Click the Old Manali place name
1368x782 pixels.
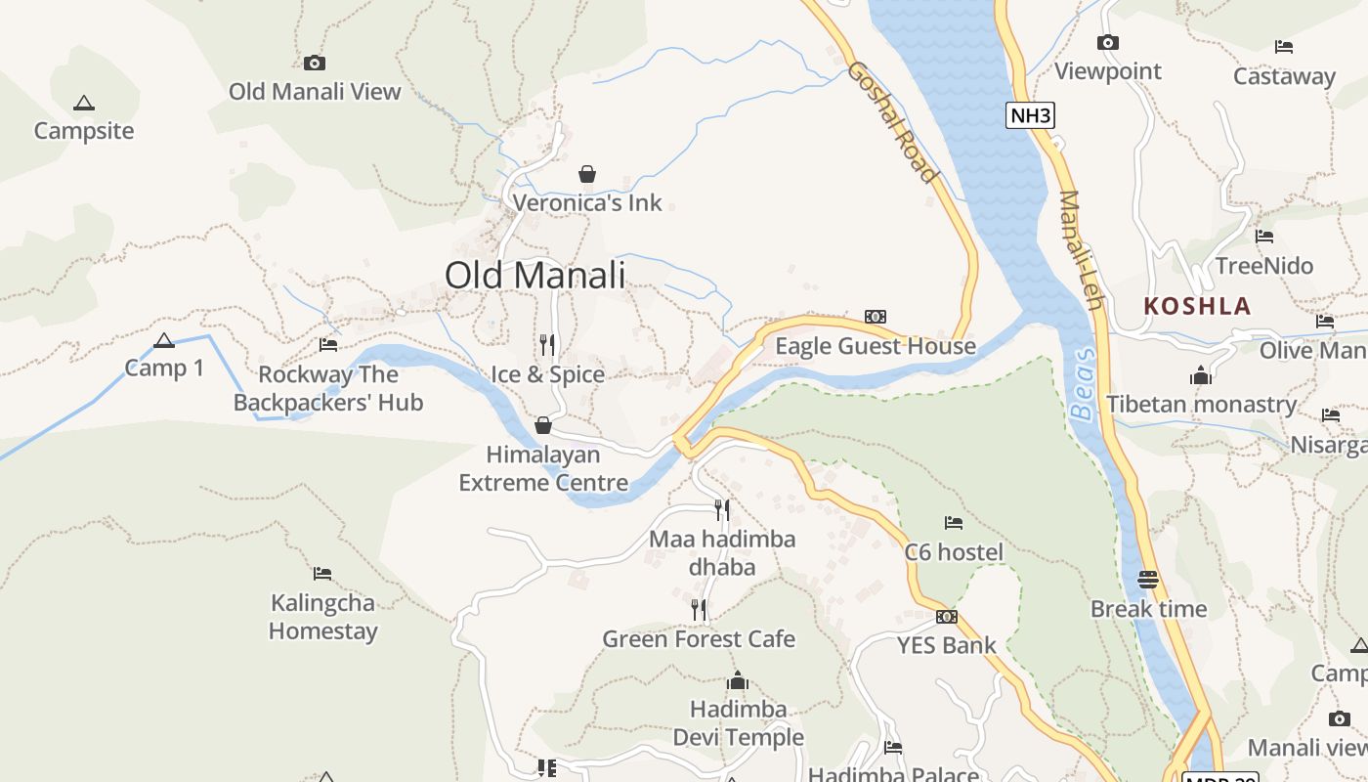(x=534, y=275)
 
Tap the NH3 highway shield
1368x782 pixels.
(x=1031, y=115)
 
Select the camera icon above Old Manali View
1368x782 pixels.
(x=315, y=63)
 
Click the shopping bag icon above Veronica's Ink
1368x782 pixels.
(x=587, y=174)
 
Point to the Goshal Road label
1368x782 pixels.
(x=893, y=122)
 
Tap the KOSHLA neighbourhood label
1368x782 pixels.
(x=1197, y=306)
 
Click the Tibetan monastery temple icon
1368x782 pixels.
(x=1201, y=375)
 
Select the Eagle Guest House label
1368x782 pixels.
(x=875, y=346)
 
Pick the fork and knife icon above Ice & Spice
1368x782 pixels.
(x=547, y=344)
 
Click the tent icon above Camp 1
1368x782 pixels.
(x=164, y=341)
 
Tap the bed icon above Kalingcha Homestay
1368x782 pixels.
(x=322, y=573)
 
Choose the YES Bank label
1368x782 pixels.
(x=946, y=645)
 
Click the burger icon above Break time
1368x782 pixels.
(x=1148, y=580)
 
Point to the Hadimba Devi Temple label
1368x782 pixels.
(x=738, y=722)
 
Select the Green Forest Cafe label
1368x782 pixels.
(x=698, y=639)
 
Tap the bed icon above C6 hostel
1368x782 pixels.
(x=954, y=523)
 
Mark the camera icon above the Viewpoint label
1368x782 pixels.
(x=1107, y=42)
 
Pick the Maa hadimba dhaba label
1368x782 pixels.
(x=722, y=552)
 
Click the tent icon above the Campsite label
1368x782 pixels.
(x=84, y=103)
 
